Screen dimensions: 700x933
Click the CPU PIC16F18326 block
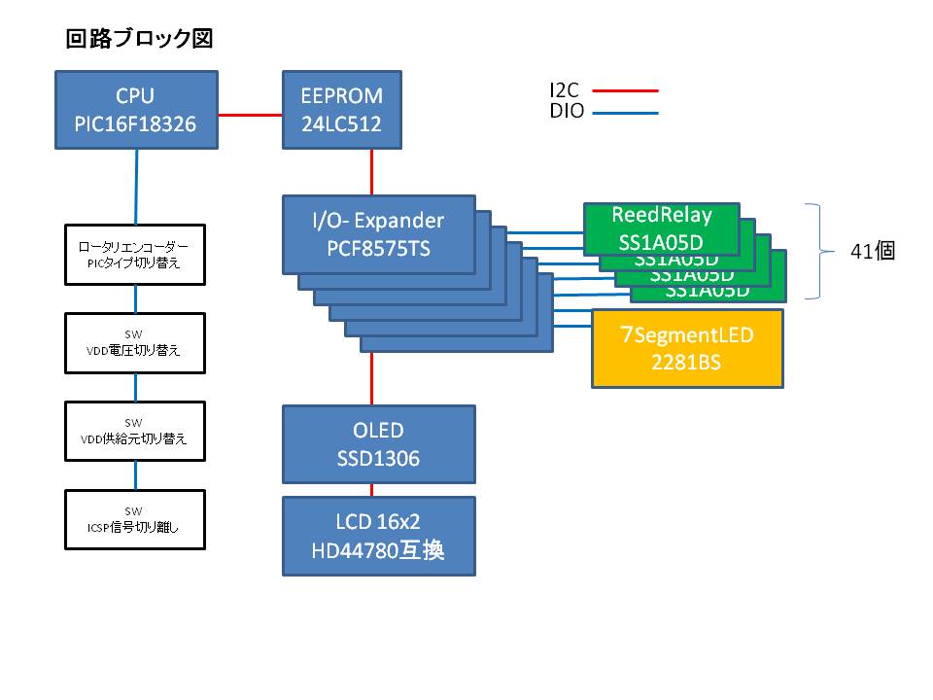[135, 110]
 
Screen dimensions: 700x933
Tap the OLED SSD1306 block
[378, 443]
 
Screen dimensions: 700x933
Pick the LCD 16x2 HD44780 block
[378, 536]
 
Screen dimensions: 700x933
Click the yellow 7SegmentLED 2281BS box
[688, 348]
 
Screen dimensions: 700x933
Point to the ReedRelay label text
[661, 215]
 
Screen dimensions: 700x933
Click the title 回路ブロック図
[139, 39]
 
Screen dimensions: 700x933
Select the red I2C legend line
[625, 90]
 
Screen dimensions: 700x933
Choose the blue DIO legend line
[625, 113]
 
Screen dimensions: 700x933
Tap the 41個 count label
[872, 250]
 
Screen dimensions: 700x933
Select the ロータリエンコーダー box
[135, 254]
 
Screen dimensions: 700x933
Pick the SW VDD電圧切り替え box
[135, 342]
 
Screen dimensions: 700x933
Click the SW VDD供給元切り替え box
[135, 431]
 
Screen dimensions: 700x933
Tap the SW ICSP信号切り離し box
[135, 520]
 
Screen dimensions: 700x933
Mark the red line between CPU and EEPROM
[250, 116]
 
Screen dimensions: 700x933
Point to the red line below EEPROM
[372, 172]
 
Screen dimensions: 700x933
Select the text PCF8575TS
[378, 249]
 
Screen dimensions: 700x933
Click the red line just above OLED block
[372, 379]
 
